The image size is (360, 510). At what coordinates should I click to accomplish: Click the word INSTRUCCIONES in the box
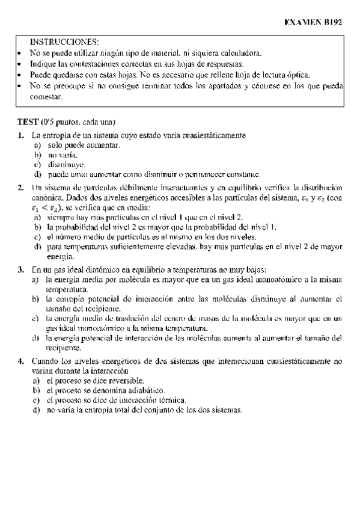coord(64,42)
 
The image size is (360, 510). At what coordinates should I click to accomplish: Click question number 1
coord(20,135)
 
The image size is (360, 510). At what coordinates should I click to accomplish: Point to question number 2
coord(20,188)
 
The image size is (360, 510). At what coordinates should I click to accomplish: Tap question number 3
coord(20,270)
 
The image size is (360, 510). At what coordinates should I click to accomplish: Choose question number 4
coord(20,361)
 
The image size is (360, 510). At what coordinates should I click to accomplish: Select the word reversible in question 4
coord(124,381)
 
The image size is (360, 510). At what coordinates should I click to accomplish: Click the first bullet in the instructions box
coord(20,53)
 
